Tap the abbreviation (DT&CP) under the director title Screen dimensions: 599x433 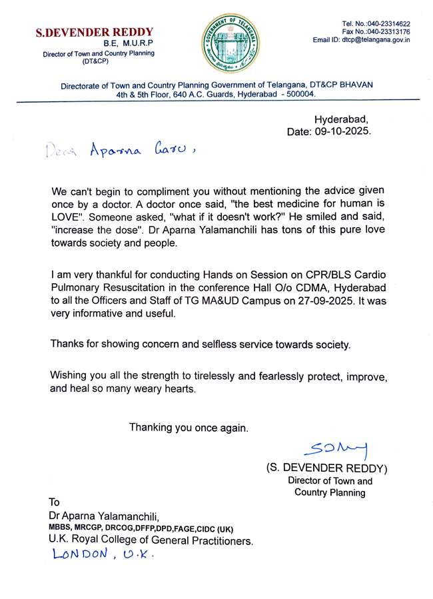click(98, 61)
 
